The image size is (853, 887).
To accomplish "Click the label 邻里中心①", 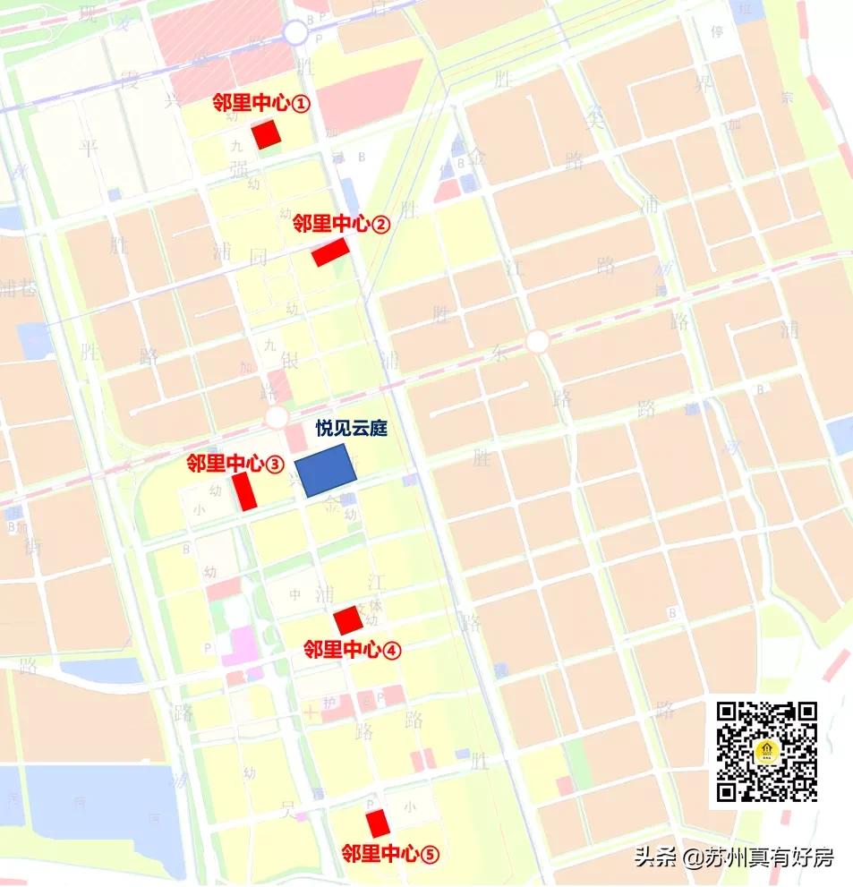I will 260,104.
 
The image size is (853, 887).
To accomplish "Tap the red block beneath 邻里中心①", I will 266,135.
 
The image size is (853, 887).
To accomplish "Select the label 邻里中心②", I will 341,224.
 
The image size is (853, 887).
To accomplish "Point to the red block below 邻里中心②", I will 328,253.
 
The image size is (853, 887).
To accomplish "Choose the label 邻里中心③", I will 235,464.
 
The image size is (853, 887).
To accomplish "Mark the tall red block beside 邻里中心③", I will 243,491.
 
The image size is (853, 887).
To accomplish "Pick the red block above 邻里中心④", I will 347,619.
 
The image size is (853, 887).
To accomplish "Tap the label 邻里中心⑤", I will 390,853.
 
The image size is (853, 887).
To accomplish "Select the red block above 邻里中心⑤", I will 378,823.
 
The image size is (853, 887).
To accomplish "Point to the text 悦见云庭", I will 350,429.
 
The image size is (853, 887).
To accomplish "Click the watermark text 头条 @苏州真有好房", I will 734,857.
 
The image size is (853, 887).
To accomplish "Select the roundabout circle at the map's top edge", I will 295,33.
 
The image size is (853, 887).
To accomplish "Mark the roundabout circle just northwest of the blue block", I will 277,417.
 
